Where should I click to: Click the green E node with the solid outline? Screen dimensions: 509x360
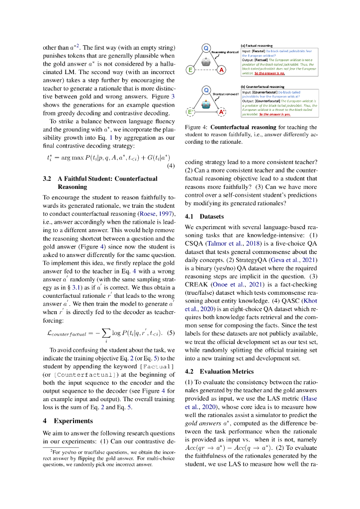pos(190,70)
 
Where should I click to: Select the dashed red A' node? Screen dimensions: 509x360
pos(222,112)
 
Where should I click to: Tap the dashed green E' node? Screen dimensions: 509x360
pos(190,112)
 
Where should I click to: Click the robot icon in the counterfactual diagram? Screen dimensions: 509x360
pos(206,103)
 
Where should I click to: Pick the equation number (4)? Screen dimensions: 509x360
pos(170,165)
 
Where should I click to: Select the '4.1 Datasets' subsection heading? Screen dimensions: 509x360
pos(204,217)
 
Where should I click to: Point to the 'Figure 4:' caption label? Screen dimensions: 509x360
pos(195,127)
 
